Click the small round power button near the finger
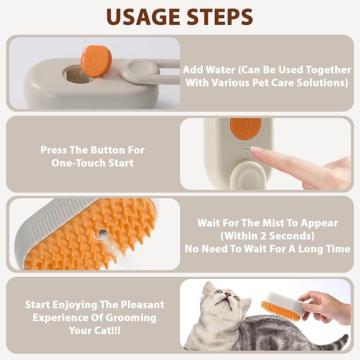click(x=244, y=154)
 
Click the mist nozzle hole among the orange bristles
click(x=99, y=233)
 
